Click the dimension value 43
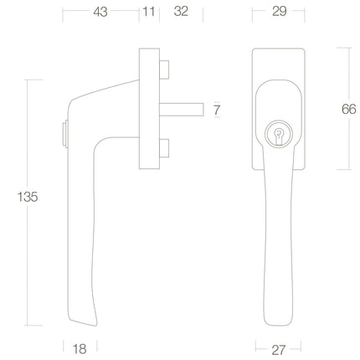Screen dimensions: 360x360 click(x=100, y=12)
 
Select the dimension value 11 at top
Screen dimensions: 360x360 click(x=149, y=12)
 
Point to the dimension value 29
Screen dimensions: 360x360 click(x=280, y=12)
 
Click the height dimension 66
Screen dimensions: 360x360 click(x=349, y=109)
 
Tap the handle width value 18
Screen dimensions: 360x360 click(x=80, y=346)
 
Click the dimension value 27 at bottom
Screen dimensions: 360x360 click(x=278, y=347)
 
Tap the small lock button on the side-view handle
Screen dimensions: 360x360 click(x=64, y=132)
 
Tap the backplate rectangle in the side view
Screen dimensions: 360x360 click(x=149, y=110)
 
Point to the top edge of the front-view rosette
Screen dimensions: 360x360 click(x=279, y=49)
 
